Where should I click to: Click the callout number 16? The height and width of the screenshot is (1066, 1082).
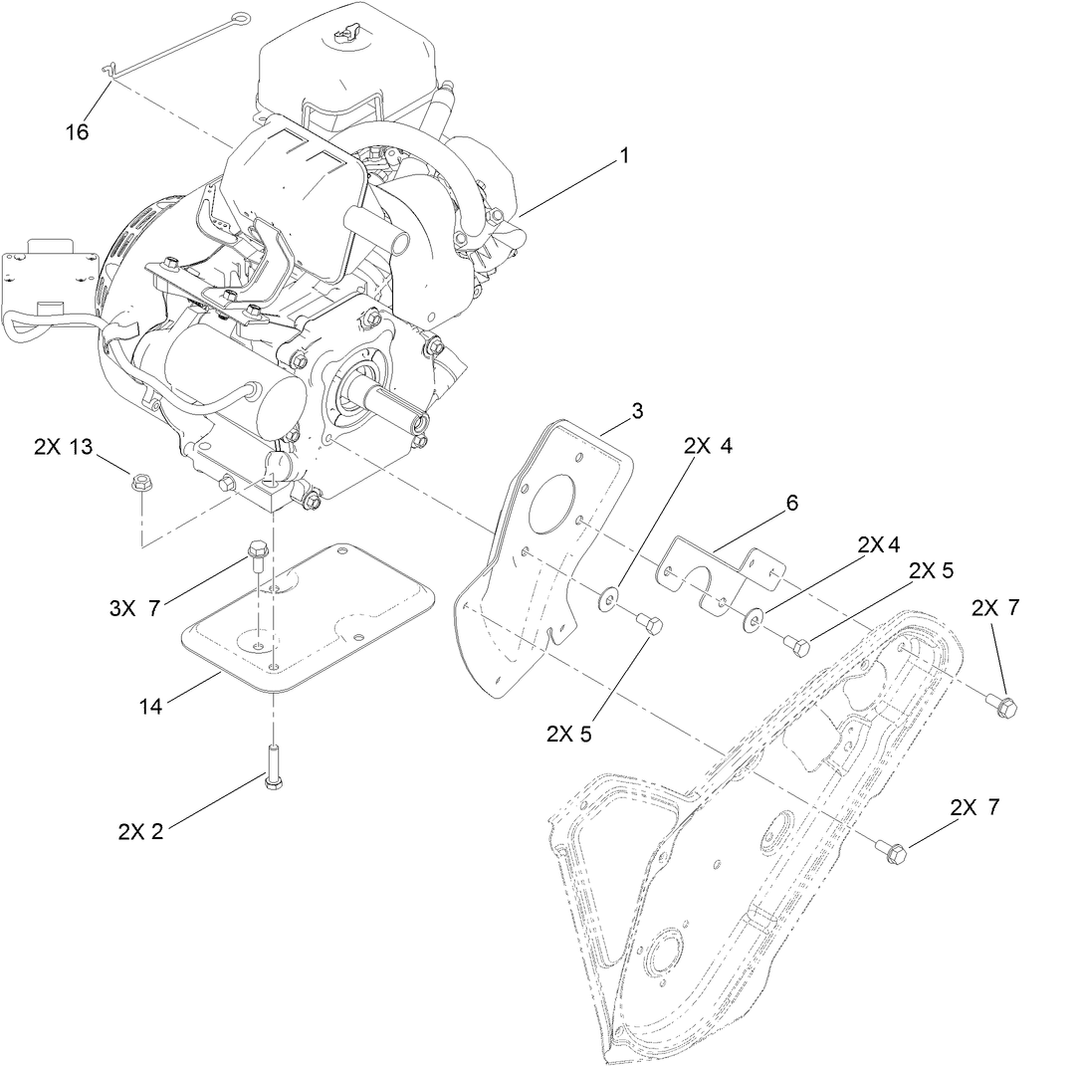(77, 131)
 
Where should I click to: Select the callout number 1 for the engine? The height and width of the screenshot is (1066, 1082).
(624, 157)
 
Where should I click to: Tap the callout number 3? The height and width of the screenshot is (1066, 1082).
(637, 410)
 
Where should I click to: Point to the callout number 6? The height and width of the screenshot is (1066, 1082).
(791, 504)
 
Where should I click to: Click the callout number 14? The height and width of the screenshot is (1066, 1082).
(151, 707)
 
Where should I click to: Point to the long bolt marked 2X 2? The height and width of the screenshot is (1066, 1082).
(272, 767)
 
